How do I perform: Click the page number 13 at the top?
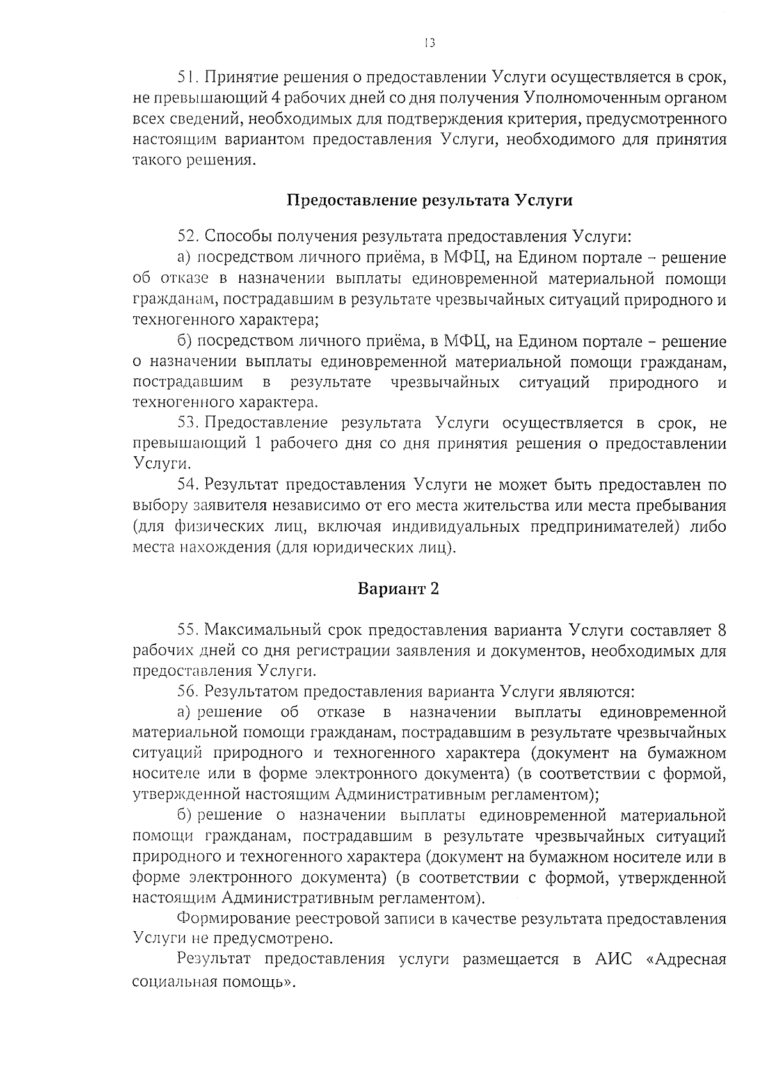[x=429, y=43]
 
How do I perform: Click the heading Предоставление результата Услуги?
[x=429, y=200]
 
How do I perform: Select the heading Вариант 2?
[x=398, y=589]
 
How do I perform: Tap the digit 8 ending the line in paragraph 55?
[x=722, y=630]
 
